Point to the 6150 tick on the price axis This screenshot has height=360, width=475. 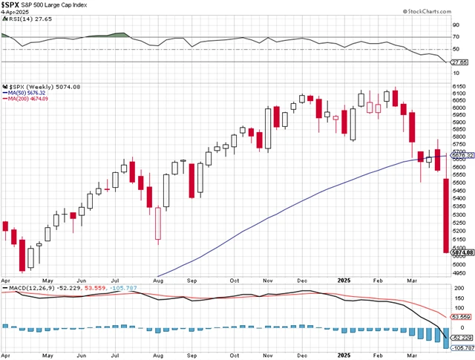pyautogui.click(x=461, y=87)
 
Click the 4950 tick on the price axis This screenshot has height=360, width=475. pyautogui.click(x=461, y=272)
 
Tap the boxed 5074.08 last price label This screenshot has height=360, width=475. pyautogui.click(x=462, y=253)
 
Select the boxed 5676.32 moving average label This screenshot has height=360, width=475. pyautogui.click(x=462, y=155)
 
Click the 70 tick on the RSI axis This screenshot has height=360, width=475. pyautogui.click(x=456, y=36)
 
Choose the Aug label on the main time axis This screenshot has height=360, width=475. pyautogui.click(x=158, y=281)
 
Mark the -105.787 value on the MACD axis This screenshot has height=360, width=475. pyautogui.click(x=461, y=347)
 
